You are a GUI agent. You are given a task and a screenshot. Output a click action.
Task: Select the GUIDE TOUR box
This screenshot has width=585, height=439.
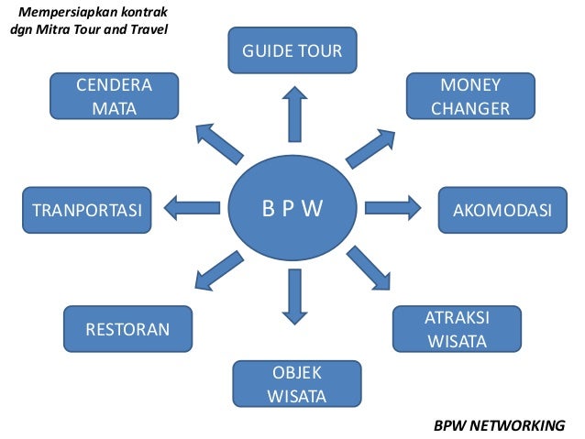[292, 50]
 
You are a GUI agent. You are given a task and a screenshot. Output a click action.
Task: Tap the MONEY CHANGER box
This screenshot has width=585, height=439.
[470, 97]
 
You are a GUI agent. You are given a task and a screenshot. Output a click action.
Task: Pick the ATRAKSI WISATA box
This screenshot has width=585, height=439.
[457, 330]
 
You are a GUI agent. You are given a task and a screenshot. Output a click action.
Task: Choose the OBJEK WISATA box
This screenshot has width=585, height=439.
[296, 384]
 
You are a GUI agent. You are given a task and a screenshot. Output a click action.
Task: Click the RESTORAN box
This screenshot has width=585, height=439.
[127, 329]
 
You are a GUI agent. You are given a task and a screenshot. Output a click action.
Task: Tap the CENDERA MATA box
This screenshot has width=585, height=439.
[114, 97]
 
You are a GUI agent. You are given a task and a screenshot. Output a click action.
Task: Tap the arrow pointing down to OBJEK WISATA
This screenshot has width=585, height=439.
[293, 296]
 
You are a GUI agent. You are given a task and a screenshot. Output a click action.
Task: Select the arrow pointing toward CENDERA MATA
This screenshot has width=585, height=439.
[220, 145]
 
